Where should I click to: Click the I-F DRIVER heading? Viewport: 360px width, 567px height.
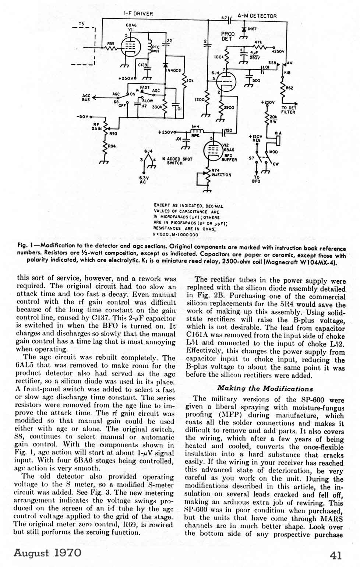point(138,14)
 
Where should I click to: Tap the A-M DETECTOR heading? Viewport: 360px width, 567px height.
point(257,16)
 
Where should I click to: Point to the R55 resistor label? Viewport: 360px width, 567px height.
point(110,43)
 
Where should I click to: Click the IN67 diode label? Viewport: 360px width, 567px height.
point(252,29)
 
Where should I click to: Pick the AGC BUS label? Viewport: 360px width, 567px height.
point(86,98)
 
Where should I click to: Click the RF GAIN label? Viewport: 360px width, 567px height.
point(96,127)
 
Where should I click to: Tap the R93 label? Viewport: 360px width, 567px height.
point(113,134)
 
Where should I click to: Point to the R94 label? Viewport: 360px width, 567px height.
point(112,146)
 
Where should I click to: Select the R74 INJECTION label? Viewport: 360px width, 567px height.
point(221,172)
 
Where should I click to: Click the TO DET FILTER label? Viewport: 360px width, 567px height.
point(289,110)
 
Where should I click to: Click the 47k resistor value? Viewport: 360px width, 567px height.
point(258,42)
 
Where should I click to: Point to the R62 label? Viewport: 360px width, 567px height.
point(289,88)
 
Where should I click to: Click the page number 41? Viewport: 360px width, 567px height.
point(336,555)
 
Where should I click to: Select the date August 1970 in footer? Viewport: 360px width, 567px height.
point(47,553)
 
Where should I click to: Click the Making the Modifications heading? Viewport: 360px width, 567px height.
point(265,388)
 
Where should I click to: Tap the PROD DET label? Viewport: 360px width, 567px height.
point(228,36)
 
